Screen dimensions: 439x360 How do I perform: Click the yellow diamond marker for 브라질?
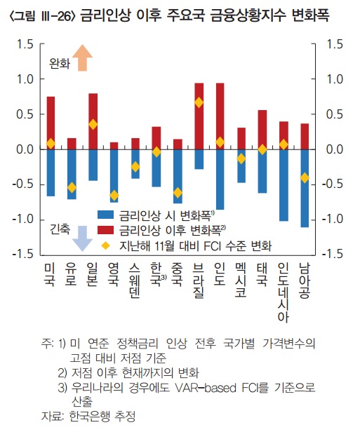[199, 102]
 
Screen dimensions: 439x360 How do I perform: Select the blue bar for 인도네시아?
[284, 185]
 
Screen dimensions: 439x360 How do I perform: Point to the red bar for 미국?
[51, 123]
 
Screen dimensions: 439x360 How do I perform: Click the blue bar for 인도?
[220, 180]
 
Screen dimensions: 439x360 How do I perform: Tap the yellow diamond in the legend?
[105, 245]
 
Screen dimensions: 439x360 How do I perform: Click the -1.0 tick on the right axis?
[333, 220]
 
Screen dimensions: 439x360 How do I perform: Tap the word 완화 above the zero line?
[60, 64]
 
